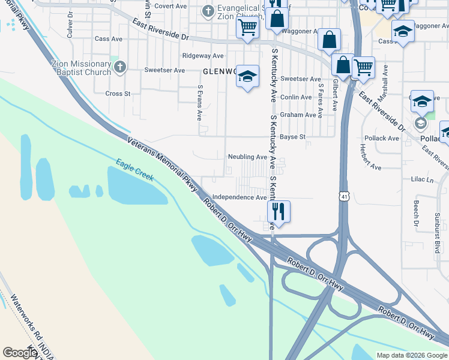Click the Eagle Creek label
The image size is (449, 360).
pos(135,170)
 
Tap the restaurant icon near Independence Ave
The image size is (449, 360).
pos(279,211)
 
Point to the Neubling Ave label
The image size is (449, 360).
pos(247,157)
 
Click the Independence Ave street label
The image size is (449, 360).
pos(240,197)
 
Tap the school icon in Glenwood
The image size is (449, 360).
pos(247,76)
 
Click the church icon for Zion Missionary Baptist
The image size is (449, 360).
pos(119,67)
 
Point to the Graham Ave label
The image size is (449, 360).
pos(298,115)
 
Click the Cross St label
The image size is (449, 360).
pos(118,94)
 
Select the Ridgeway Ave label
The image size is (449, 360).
pos(203,56)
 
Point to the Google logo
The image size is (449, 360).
pos(20,353)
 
